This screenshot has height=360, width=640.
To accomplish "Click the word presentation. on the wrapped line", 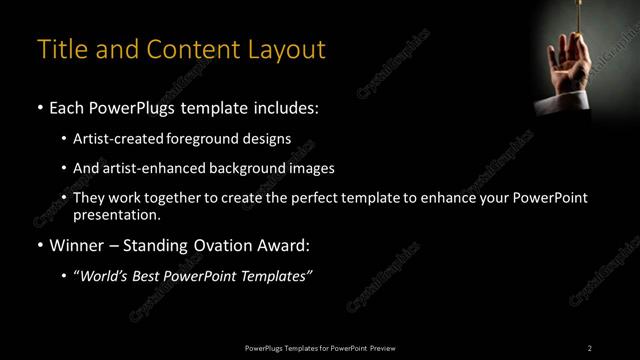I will point(116,214).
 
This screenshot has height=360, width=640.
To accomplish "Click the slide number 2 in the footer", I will point(590,347).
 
